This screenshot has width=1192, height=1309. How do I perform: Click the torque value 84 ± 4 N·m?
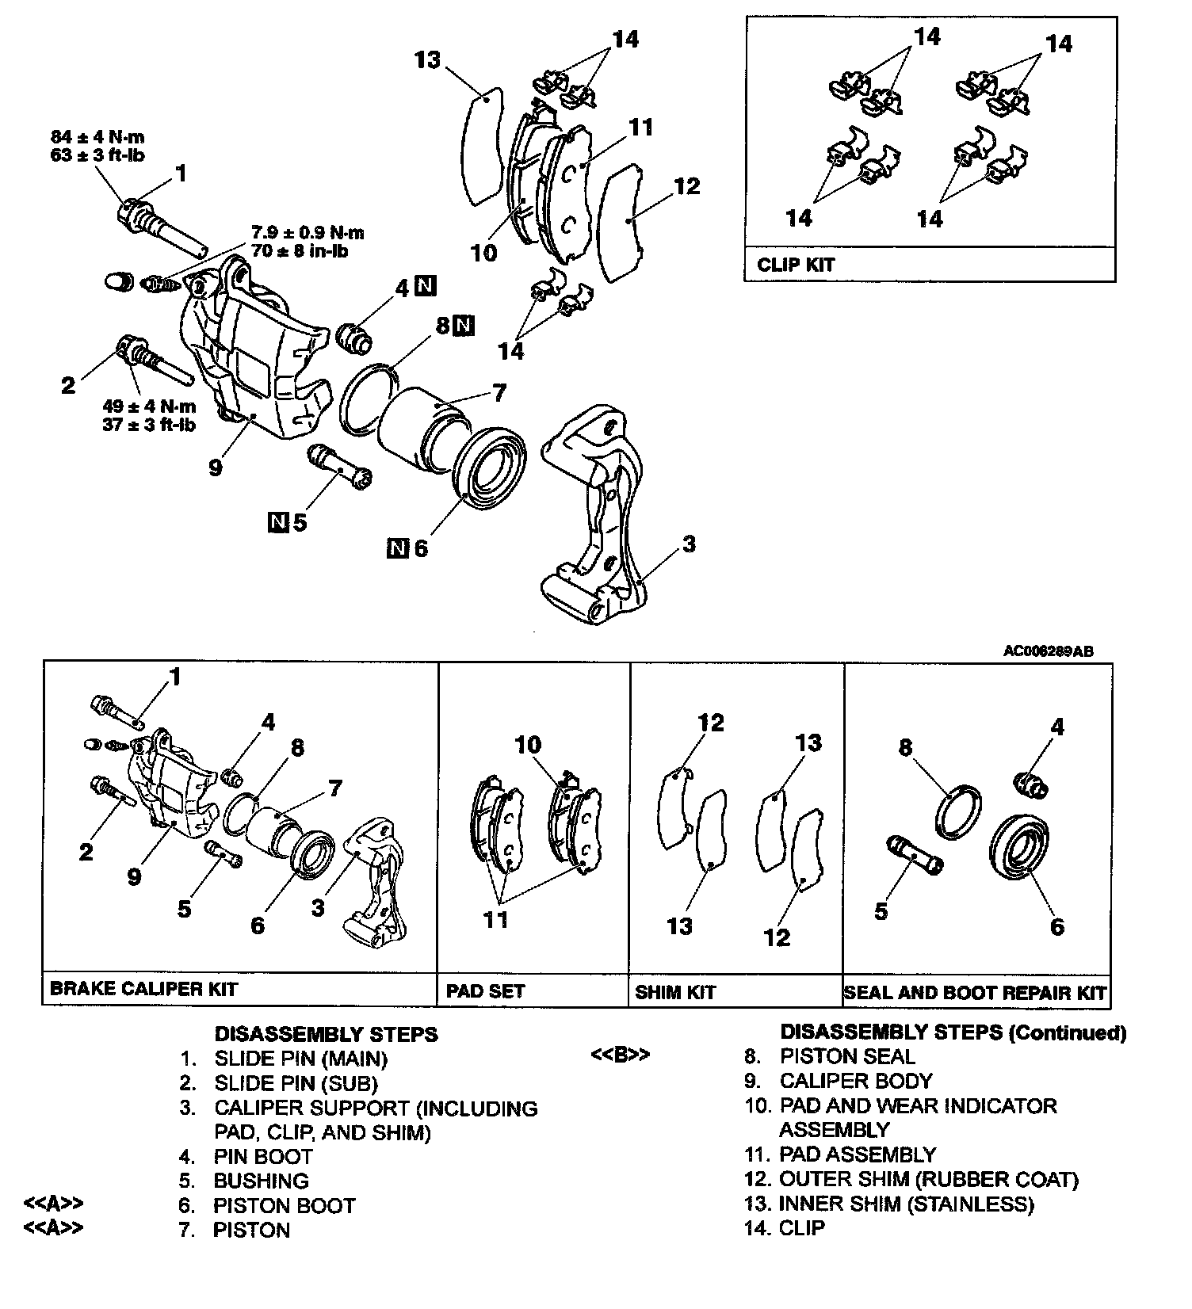[x=97, y=137]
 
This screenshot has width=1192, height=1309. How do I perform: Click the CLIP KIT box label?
[x=796, y=265]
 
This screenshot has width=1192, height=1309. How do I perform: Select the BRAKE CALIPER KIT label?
[x=143, y=989]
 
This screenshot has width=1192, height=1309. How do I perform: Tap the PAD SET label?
[x=485, y=990]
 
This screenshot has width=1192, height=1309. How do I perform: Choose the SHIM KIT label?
[x=675, y=991]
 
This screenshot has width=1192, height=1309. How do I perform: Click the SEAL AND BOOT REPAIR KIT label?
[x=976, y=992]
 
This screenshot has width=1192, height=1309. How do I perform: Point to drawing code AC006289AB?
[x=1048, y=651]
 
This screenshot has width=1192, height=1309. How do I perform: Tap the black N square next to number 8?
[x=464, y=325]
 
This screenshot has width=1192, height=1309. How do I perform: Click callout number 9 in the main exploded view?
[x=216, y=467]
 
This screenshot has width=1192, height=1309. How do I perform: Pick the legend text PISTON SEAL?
[x=846, y=1056]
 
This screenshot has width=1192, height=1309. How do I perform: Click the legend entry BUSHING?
[x=261, y=1181]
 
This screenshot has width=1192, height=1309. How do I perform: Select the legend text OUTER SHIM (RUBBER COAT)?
[x=928, y=1179]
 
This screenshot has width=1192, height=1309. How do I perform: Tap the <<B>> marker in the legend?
[x=621, y=1055]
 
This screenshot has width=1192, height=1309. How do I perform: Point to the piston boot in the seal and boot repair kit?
[x=1022, y=848]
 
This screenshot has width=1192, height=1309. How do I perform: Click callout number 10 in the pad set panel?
[x=528, y=745]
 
